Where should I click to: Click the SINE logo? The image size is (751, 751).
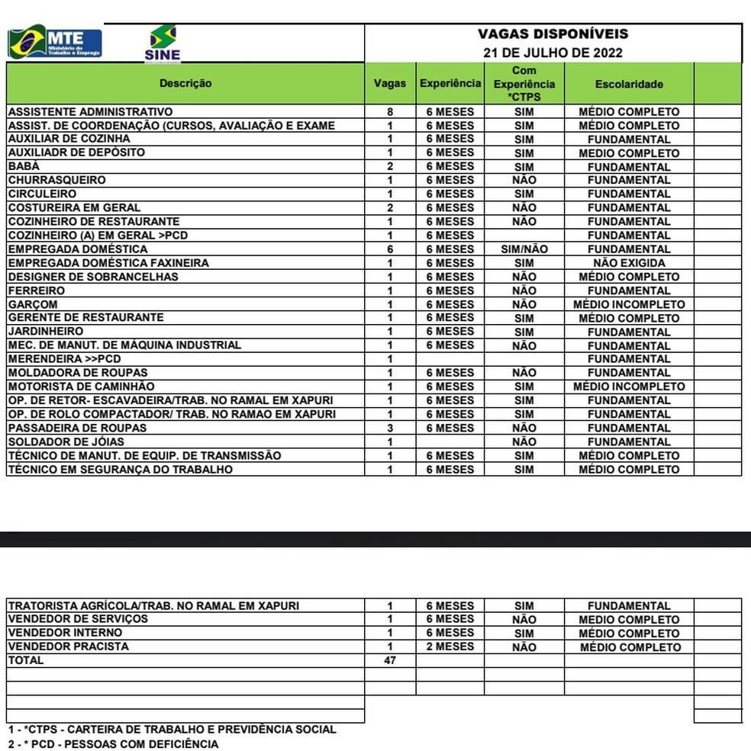[x=162, y=43]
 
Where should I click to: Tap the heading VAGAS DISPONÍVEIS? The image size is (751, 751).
[x=553, y=34]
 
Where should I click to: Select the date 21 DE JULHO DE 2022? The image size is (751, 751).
[x=553, y=53]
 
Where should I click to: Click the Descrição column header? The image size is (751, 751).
[x=185, y=83]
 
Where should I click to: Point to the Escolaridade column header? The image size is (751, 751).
[x=629, y=84]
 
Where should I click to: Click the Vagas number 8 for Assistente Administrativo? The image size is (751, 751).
[x=390, y=111]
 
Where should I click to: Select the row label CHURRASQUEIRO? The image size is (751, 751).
[x=57, y=180]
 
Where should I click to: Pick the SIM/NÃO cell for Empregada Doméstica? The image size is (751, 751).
[x=524, y=249]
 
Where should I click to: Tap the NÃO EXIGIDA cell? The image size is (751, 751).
[x=629, y=263]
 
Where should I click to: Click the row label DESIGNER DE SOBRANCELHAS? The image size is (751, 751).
[x=93, y=277]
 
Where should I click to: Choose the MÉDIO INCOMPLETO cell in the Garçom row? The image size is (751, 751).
[x=629, y=304]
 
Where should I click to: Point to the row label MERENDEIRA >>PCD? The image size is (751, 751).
[x=65, y=359]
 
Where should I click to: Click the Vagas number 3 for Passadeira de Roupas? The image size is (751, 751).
[x=390, y=428]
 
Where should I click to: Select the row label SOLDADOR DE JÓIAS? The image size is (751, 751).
[x=66, y=441]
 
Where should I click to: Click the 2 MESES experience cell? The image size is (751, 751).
[x=450, y=647]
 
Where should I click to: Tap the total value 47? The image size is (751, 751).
[x=390, y=660]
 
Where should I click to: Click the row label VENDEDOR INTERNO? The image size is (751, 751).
[x=65, y=633]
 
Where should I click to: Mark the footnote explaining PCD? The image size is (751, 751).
[x=113, y=743]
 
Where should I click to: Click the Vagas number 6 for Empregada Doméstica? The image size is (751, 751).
[x=390, y=249]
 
